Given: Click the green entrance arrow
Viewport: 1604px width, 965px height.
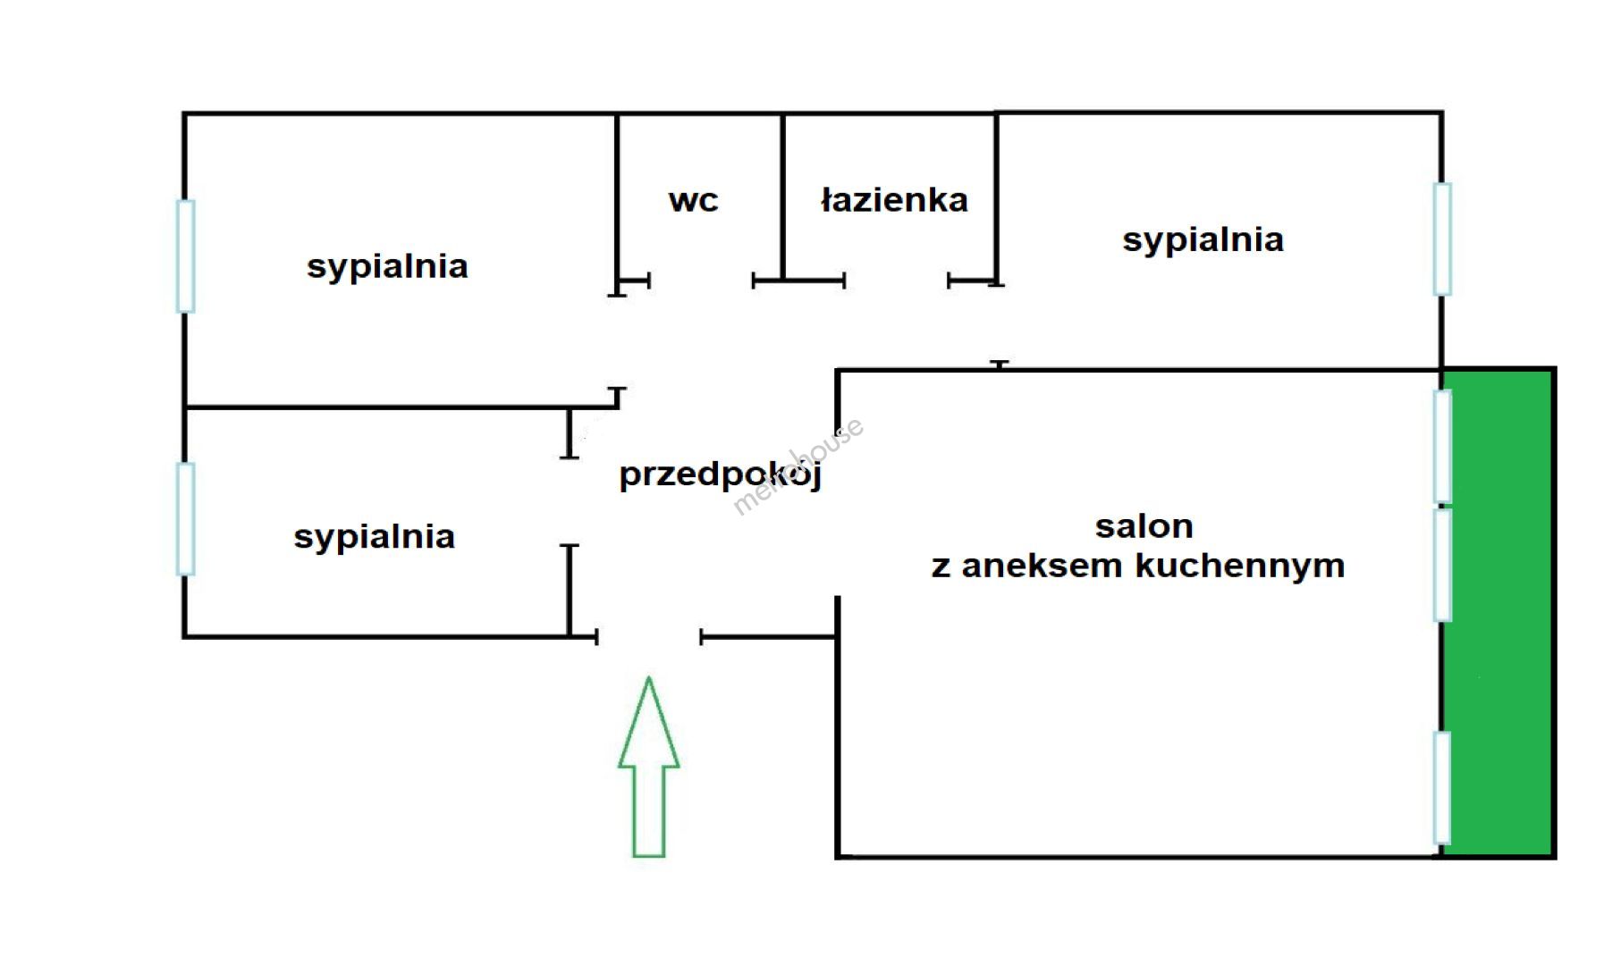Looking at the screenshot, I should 649,768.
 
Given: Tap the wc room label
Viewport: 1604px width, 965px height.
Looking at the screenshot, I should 693,200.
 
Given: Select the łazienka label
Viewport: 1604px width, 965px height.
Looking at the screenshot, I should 894,200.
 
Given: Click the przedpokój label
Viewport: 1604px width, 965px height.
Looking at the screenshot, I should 720,474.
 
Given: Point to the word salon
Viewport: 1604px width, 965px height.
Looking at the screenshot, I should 1144,526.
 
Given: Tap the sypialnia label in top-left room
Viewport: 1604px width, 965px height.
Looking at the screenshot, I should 387,266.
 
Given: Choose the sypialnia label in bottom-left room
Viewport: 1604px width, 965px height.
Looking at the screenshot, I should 375,537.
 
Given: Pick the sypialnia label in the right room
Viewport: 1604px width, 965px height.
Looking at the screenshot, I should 1203,239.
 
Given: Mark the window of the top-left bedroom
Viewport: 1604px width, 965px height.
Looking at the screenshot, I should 186,256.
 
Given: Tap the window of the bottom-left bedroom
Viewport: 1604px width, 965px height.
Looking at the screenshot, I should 186,518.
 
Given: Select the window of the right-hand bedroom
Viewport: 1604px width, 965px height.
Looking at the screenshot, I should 1441,239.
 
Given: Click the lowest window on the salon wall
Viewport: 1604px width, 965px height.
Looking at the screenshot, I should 1441,787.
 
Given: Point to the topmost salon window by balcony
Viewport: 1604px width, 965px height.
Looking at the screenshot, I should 1441,446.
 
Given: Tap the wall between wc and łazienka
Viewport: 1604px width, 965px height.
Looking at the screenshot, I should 783,197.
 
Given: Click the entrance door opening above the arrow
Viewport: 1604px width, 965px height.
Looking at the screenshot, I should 649,637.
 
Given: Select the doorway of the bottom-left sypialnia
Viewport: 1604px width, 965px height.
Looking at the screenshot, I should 570,501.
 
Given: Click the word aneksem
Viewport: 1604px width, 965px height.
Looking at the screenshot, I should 1043,566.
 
